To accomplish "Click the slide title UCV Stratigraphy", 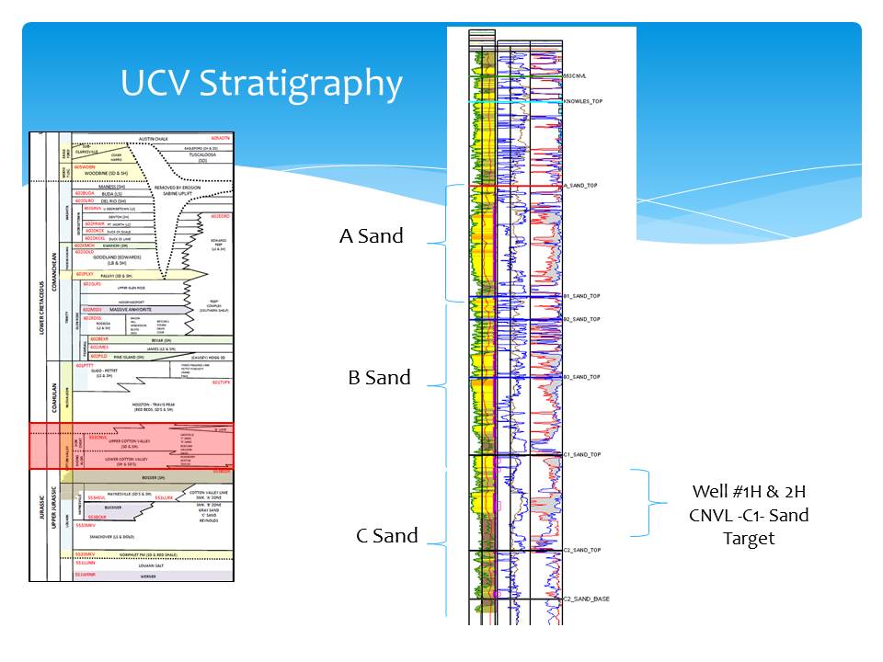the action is pos(261,84).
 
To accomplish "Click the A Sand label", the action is pos(371,235).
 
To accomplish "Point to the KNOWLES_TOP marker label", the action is pos(582,100).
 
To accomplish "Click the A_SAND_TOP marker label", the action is pos(580,186).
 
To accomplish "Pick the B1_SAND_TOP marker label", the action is pos(581,296).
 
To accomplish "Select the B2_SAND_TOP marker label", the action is pos(581,319).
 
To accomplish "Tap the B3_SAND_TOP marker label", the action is pos(581,377).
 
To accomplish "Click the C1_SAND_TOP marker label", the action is pos(581,454).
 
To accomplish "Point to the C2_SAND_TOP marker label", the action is pos(581,550).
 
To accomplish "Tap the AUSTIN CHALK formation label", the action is pos(155,139).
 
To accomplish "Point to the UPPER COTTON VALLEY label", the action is pos(130,442).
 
